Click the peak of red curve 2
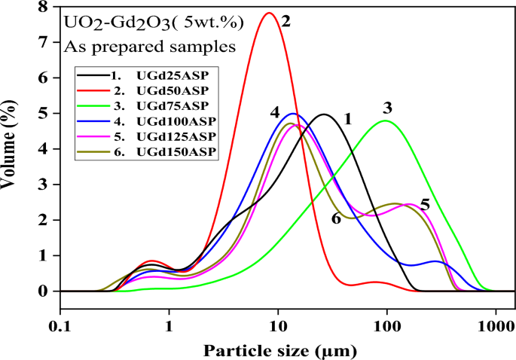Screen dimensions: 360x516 269,13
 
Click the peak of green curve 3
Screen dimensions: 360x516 386,121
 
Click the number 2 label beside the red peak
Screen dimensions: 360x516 286,22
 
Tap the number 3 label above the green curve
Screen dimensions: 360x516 387,106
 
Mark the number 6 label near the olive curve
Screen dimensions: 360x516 336,218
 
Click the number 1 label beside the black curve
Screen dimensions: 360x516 347,119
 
